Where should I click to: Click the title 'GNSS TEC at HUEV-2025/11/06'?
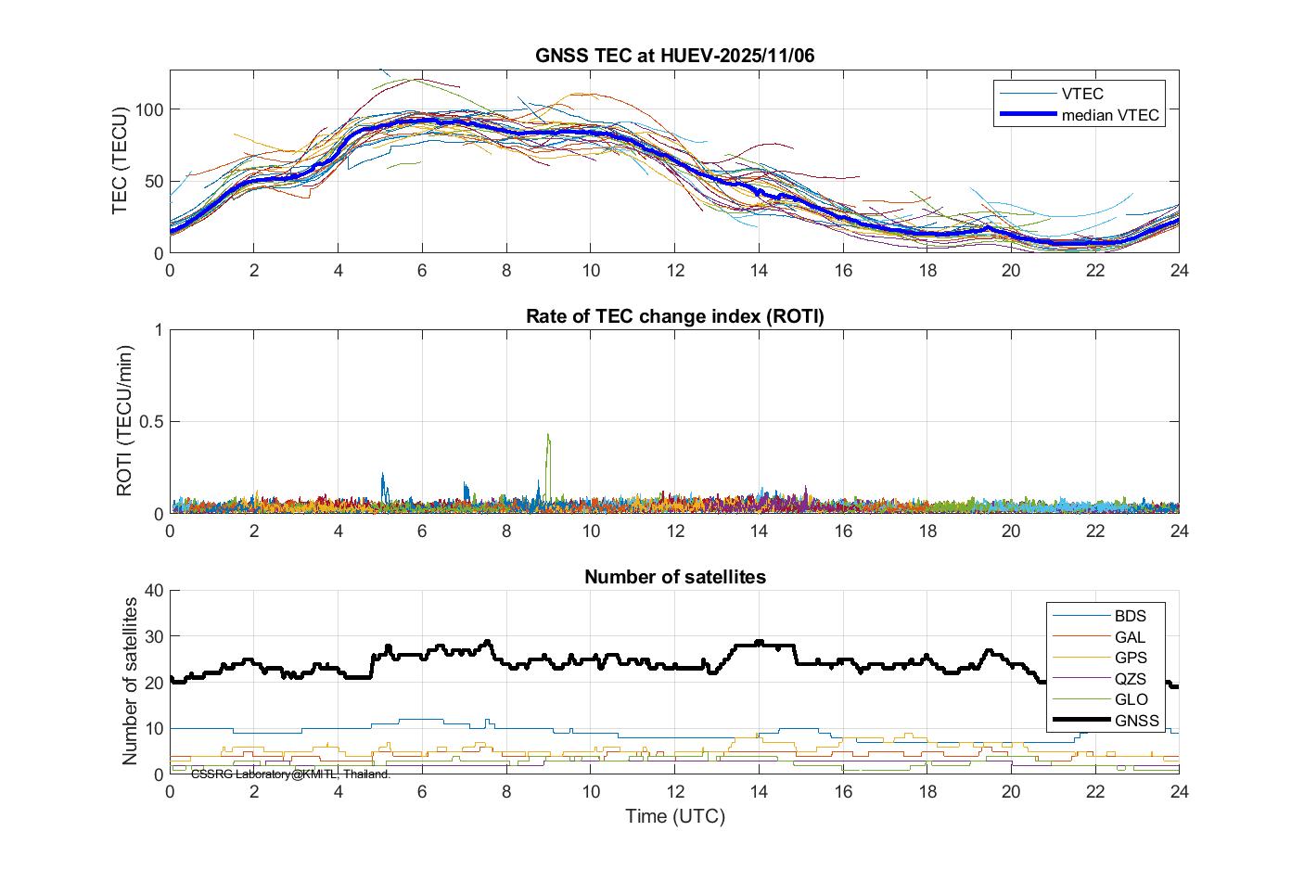pos(674,56)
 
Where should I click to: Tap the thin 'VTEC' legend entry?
pos(1081,93)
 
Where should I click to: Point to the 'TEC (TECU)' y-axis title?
pos(120,160)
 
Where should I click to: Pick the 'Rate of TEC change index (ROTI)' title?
pos(674,316)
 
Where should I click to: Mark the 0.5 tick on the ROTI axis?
pos(149,422)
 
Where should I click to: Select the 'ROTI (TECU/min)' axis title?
pos(124,420)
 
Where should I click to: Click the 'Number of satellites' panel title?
pos(674,577)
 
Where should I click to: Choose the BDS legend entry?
pos(1130,616)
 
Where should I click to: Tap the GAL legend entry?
pos(1130,637)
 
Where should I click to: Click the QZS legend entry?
pos(1130,679)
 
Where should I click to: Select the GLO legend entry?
pos(1130,699)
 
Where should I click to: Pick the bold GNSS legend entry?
pos(1136,721)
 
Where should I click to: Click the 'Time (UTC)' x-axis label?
pos(674,817)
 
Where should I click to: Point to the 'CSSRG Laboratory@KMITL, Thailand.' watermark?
pos(290,774)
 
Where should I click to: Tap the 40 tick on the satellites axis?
pos(154,591)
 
